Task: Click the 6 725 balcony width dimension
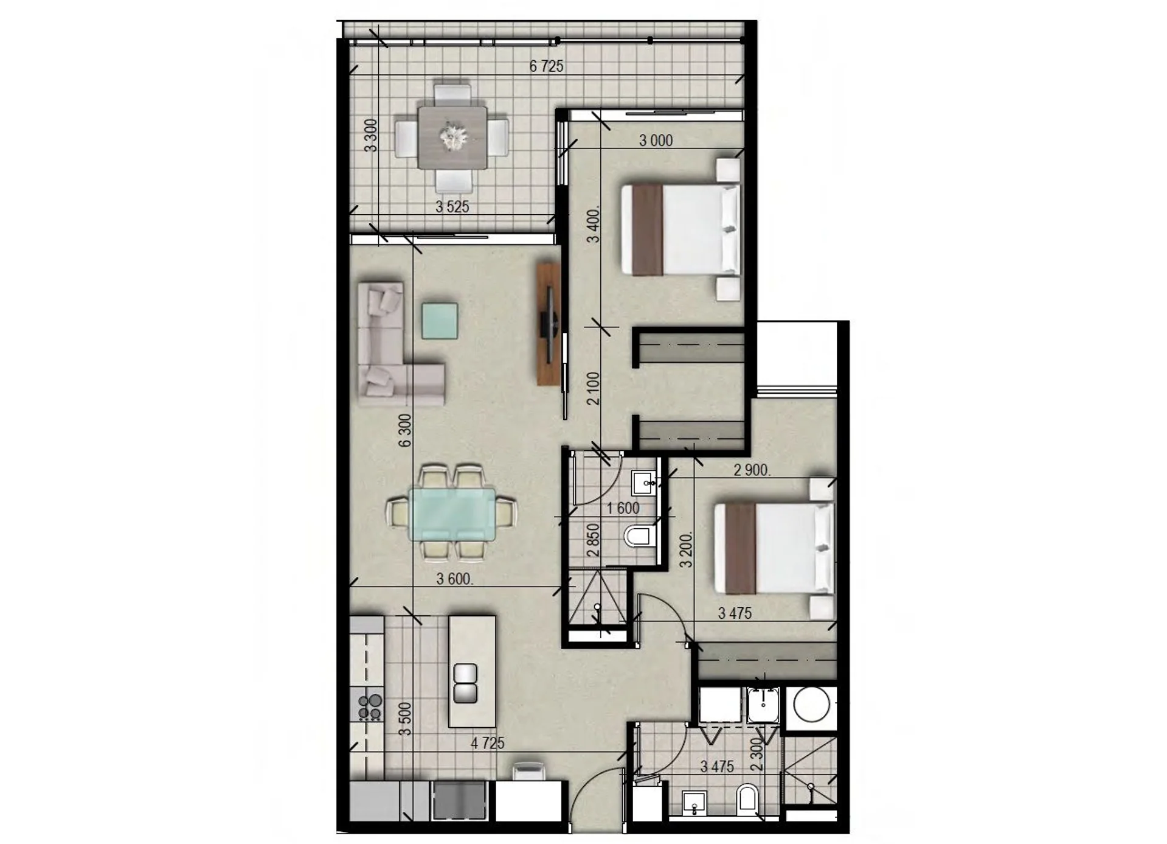tap(546, 66)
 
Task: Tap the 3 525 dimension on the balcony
tap(452, 207)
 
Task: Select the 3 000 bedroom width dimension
tap(656, 141)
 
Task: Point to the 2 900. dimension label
tap(752, 470)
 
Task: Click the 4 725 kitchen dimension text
tap(487, 743)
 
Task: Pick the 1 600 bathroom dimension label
tap(623, 507)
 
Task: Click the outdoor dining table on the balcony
tap(452, 138)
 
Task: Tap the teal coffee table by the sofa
tap(440, 321)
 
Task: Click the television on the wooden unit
tap(549, 324)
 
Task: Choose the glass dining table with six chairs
tap(451, 514)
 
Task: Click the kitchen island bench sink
tap(465, 683)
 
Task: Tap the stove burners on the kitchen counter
tap(369, 706)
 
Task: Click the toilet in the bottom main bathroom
tap(747, 800)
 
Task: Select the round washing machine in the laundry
tap(812, 705)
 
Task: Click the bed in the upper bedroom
tap(680, 230)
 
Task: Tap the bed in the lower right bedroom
tap(774, 548)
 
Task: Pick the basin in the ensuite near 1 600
tap(643, 483)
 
